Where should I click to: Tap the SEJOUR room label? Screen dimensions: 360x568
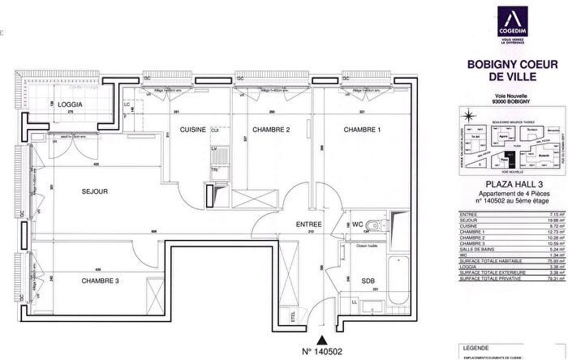point(95,192)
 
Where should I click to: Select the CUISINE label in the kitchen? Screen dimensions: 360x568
point(192,130)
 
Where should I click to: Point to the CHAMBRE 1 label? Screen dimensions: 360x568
point(362,130)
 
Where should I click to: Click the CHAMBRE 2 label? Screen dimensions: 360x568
point(270,130)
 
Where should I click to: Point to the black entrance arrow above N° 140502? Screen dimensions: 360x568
point(323,341)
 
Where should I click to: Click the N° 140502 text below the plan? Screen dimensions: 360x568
point(323,354)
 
